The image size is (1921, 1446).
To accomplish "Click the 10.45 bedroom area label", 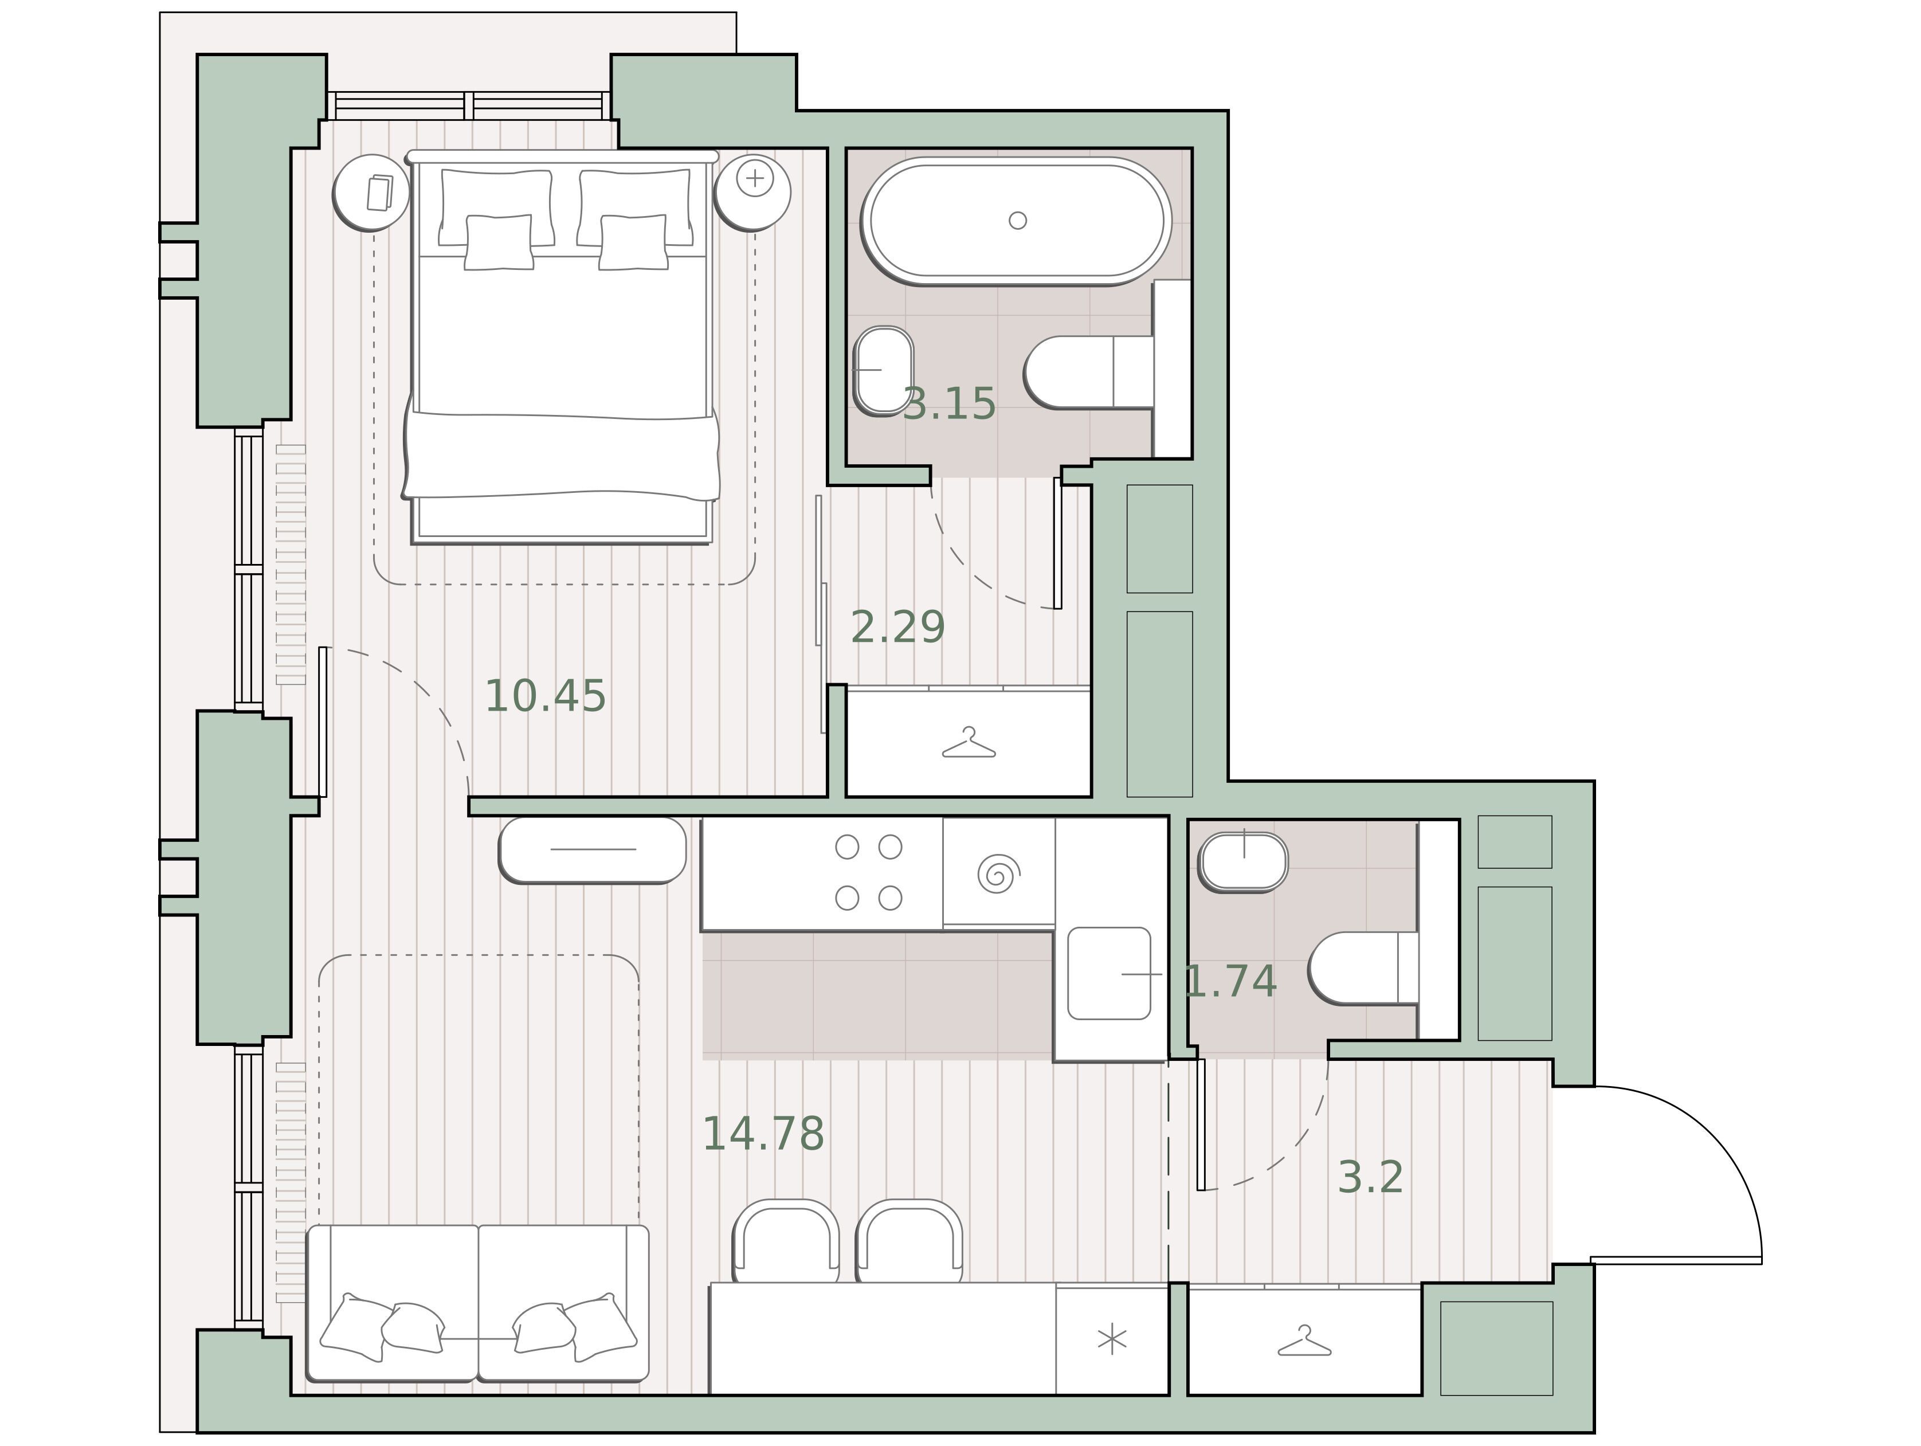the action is [544, 696].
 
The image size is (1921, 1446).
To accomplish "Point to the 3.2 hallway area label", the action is [1370, 1178].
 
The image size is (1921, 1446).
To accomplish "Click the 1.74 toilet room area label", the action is [1230, 981].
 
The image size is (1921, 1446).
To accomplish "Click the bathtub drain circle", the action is [1018, 221].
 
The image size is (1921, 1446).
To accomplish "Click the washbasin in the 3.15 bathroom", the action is [883, 370].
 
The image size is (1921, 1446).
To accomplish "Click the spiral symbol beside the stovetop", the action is [999, 873].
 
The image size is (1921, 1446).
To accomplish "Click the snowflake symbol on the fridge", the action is [1112, 1340].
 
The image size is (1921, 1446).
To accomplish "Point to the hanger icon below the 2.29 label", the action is [969, 743].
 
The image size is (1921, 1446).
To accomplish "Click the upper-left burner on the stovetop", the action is [846, 847].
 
